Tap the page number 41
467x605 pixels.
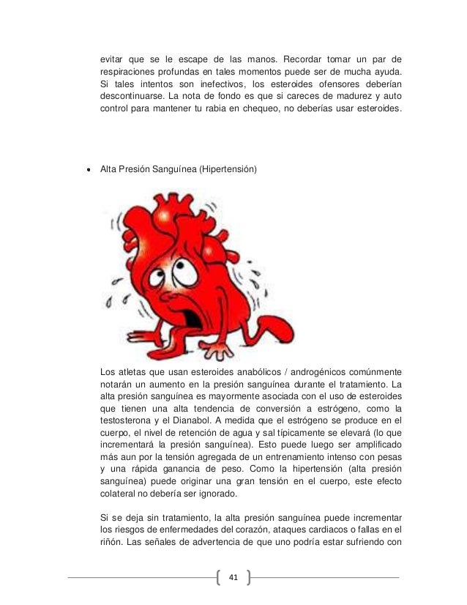(233, 578)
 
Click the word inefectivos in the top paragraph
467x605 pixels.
(211, 83)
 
